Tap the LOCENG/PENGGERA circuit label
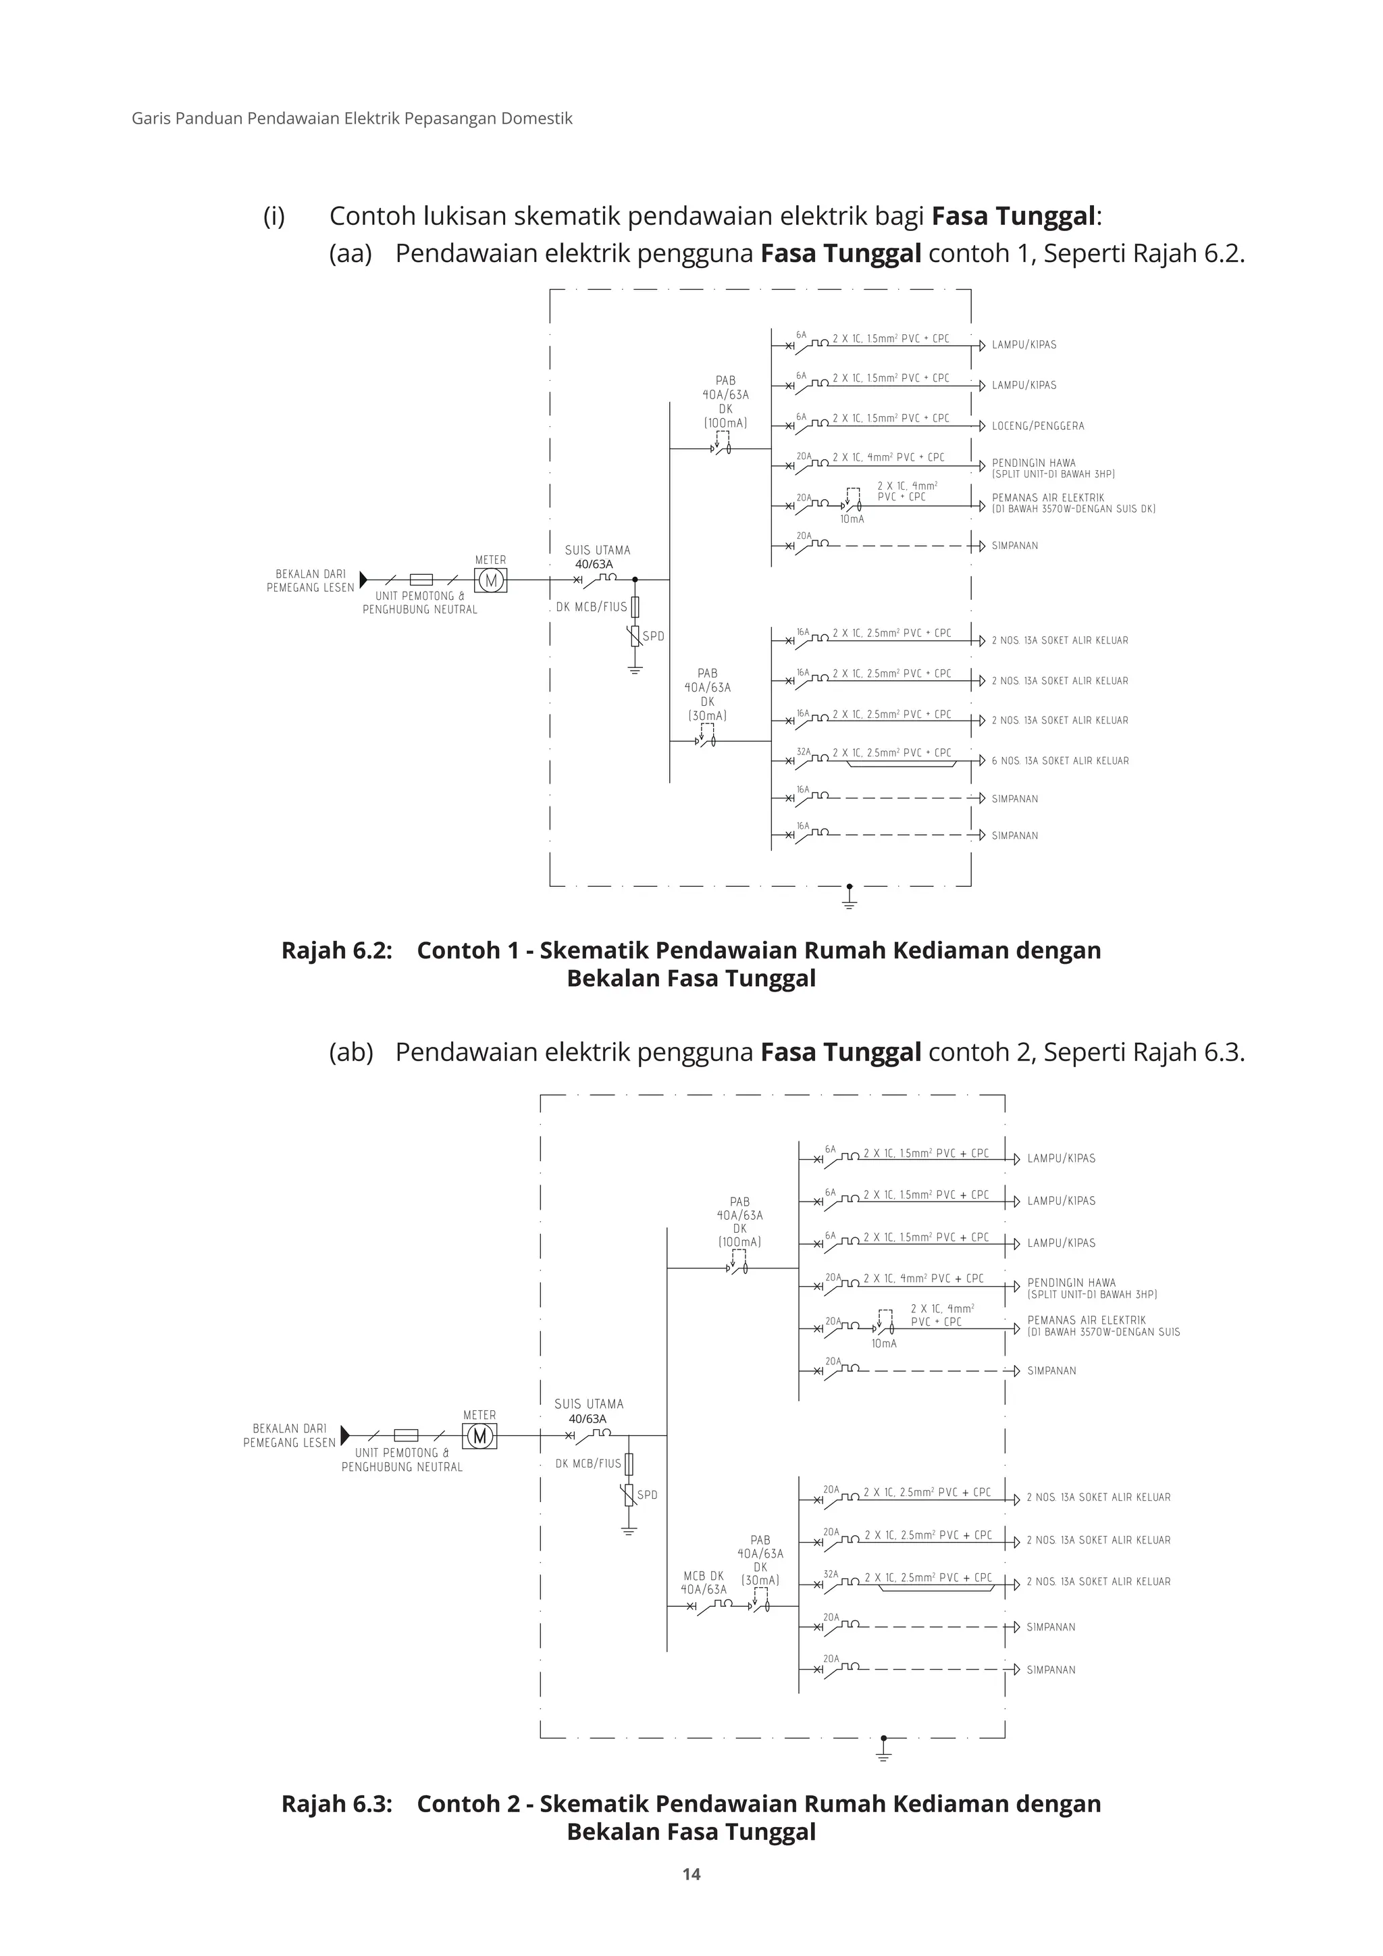pos(1037,426)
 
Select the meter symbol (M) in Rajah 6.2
pos(490,581)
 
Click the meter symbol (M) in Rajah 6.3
pos(479,1437)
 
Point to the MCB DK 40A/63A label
pos(704,1582)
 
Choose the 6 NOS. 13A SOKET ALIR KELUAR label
pos(1060,761)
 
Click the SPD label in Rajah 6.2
pos(653,636)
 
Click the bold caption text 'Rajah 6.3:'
pos(336,1803)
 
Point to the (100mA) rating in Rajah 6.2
pos(725,423)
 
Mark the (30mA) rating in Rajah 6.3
pos(760,1580)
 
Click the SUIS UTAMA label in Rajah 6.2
pos(597,550)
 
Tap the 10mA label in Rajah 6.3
pos(884,1343)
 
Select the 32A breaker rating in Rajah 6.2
pos(803,751)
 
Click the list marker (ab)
pos(351,1052)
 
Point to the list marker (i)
pos(273,216)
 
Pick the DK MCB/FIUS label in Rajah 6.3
pos(588,1464)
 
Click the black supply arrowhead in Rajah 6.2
pos(363,580)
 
